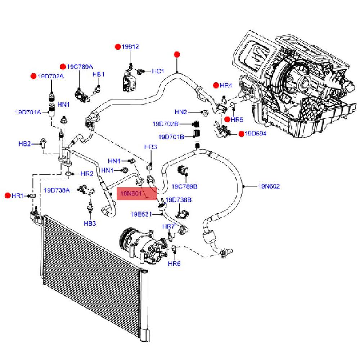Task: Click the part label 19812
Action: [x=130, y=47]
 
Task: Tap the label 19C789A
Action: [x=80, y=67]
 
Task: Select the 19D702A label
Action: [x=51, y=76]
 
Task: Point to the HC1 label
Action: [x=158, y=71]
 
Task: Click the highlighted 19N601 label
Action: [x=131, y=194]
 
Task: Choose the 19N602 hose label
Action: [x=269, y=186]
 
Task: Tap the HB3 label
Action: [x=90, y=224]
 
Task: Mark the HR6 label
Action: [x=174, y=264]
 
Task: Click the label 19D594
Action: [x=256, y=134]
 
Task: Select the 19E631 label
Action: [x=141, y=215]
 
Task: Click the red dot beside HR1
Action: [x=8, y=195]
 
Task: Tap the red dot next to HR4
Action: [x=216, y=85]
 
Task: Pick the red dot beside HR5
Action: [x=227, y=120]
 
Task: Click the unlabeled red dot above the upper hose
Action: [x=177, y=55]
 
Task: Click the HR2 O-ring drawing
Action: [x=69, y=174]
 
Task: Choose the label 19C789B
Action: [x=184, y=186]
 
